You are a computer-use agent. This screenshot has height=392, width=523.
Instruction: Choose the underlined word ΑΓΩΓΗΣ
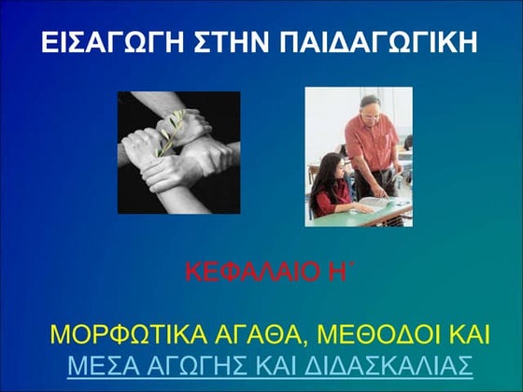tap(201, 365)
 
